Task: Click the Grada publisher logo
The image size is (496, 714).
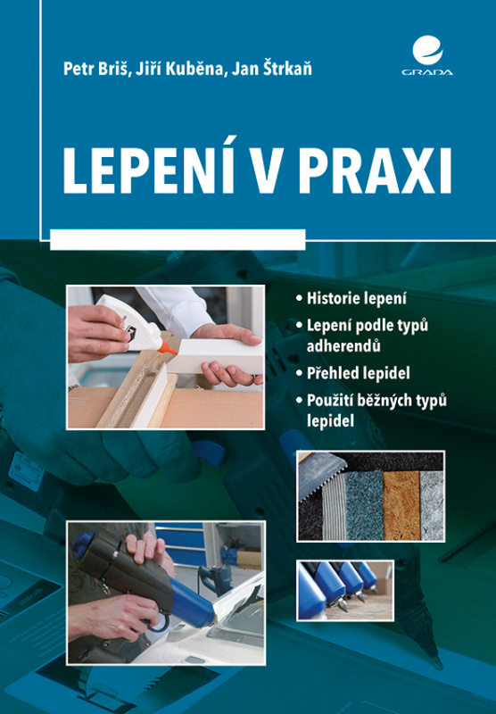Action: [426, 56]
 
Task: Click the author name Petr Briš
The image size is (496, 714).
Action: [95, 69]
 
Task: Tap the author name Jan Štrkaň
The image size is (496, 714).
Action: [272, 69]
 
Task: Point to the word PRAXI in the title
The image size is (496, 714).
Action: [375, 171]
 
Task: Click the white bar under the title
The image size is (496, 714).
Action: [178, 239]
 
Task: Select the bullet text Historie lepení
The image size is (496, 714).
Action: [357, 299]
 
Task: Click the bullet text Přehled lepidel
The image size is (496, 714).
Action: [358, 373]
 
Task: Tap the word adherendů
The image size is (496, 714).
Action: [343, 346]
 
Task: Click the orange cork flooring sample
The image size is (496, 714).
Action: [401, 505]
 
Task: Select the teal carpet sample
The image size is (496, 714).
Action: [365, 506]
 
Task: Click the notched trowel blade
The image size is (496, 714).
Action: [321, 474]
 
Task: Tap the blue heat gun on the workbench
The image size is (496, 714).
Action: [214, 578]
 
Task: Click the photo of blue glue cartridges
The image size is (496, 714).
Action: [345, 591]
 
